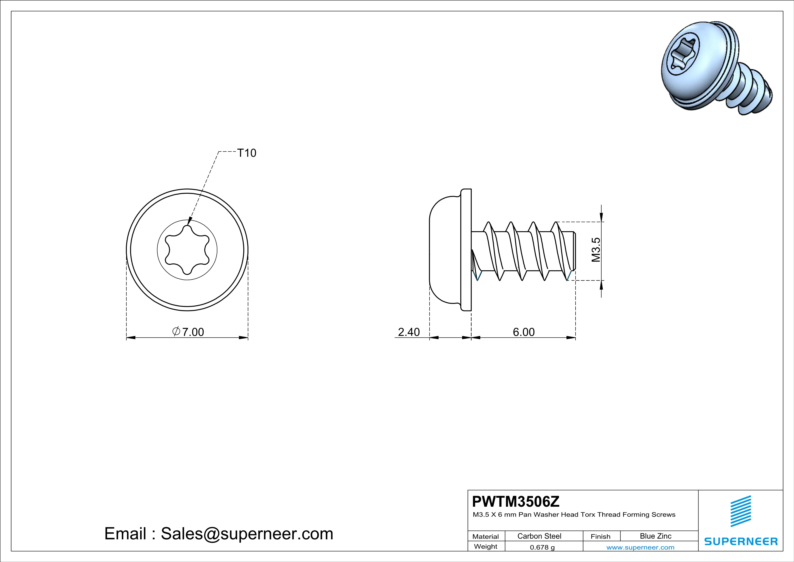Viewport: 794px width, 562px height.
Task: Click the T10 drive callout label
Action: [x=247, y=153]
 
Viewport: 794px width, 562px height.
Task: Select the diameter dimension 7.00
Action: [x=188, y=332]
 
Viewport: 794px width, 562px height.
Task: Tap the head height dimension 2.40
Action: [x=408, y=332]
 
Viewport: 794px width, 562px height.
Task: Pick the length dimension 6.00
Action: [x=524, y=332]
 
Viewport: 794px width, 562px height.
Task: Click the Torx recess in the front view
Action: [x=187, y=250]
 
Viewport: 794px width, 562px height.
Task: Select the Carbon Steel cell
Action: [x=539, y=536]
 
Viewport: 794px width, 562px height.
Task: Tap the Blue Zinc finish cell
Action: [x=655, y=536]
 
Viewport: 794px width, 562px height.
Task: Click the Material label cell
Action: [x=486, y=536]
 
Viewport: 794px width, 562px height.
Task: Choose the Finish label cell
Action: [x=600, y=536]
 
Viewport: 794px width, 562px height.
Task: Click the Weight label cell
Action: [x=486, y=546]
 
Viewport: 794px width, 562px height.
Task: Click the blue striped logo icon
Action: [x=741, y=511]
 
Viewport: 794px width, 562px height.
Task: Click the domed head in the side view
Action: [x=444, y=250]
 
